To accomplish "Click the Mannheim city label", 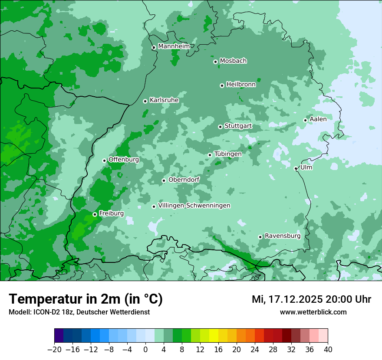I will [x=174, y=46].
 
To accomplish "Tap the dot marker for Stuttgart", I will [x=220, y=127].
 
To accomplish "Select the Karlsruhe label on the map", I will [x=164, y=100].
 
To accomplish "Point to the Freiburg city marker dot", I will [x=95, y=214].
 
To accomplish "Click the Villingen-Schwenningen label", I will [x=194, y=206].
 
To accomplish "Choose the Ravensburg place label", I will [x=282, y=236].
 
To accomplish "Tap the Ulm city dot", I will [x=296, y=168].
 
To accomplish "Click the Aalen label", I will [x=318, y=119].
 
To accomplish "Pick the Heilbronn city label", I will [x=241, y=85].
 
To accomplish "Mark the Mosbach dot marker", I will [x=215, y=62].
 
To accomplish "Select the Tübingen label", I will [x=228, y=154].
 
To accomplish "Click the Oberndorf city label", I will [x=184, y=180].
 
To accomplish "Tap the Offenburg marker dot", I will [x=104, y=160].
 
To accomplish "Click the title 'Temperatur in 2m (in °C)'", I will [x=86, y=299].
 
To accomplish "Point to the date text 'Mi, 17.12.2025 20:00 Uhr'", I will [x=311, y=299].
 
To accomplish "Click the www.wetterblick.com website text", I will [x=313, y=312].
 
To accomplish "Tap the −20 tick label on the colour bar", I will [x=55, y=350].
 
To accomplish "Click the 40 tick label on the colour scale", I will [x=328, y=350].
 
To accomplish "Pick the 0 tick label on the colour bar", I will [x=145, y=350].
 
